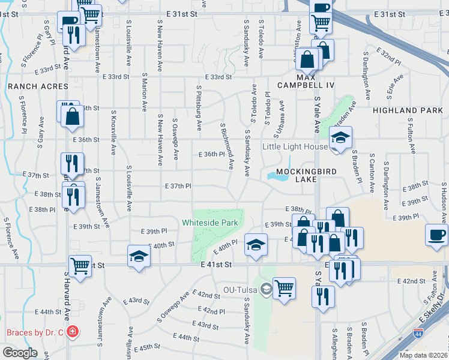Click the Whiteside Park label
pos(210,223)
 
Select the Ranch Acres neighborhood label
pos(29,86)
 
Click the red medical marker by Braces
pos(73,332)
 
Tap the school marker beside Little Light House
pos(340,139)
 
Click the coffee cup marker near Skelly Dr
pos(436,235)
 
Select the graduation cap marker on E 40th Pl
pos(256,245)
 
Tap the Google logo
pos(19,353)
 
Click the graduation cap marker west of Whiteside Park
pos(138,256)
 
